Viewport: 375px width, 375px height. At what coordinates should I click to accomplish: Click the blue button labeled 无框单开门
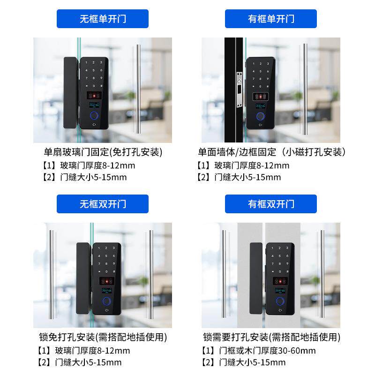pyautogui.click(x=103, y=19)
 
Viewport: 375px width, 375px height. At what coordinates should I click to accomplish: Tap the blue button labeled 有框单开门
pyautogui.click(x=271, y=19)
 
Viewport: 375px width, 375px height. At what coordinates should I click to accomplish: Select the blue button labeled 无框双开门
pyautogui.click(x=103, y=204)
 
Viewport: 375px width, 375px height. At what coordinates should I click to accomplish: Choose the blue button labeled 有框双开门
pyautogui.click(x=271, y=204)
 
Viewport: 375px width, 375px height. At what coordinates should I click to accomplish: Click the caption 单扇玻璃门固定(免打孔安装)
pyautogui.click(x=103, y=152)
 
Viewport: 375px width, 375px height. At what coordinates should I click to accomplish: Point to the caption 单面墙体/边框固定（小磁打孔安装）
pyautogui.click(x=272, y=152)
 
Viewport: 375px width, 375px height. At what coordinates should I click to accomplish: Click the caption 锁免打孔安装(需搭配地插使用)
pyautogui.click(x=103, y=337)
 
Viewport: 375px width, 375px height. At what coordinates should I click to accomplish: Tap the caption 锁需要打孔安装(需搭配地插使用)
pyautogui.click(x=272, y=337)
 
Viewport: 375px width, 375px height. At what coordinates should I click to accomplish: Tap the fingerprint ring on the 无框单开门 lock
pyautogui.click(x=95, y=116)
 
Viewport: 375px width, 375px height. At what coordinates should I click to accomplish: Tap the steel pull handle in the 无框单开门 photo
pyautogui.click(x=138, y=89)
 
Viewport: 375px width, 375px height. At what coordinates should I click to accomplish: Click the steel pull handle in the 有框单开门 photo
pyautogui.click(x=305, y=89)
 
